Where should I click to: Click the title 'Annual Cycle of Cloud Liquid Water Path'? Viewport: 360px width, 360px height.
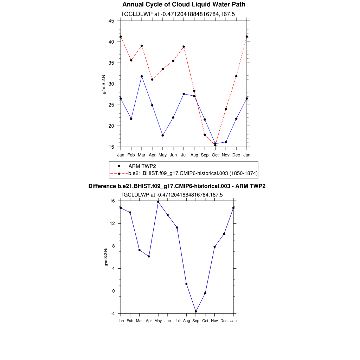tap(184, 5)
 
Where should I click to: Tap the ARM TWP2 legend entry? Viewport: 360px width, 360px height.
tap(142, 166)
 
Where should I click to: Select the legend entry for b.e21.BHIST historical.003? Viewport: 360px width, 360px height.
tap(193, 173)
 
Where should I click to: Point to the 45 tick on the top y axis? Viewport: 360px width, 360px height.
tap(111, 21)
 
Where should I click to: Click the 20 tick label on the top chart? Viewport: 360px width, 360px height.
tap(111, 126)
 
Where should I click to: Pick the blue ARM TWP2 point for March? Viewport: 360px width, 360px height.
tap(142, 76)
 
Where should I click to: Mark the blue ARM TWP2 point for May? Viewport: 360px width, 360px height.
tap(163, 135)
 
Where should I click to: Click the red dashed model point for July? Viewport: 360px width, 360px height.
tap(184, 47)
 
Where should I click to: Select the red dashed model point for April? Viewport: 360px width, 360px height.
tap(152, 79)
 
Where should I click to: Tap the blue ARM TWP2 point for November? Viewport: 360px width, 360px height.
tap(226, 142)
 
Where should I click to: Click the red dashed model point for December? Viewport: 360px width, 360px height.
tap(236, 76)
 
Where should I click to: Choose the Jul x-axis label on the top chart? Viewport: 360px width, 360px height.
tap(184, 155)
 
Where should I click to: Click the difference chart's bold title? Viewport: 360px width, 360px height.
tap(177, 186)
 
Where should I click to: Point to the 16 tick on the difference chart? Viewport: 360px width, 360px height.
tap(112, 201)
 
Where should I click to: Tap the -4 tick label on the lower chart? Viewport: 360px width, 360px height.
tap(112, 314)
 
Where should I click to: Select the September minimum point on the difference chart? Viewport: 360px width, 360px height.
tap(196, 311)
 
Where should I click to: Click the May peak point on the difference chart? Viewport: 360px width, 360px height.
tap(158, 202)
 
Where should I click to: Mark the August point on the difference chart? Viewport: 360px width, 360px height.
tap(186, 284)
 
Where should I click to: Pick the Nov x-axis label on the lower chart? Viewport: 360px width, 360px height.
tap(214, 321)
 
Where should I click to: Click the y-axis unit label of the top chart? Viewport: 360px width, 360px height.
tap(104, 84)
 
